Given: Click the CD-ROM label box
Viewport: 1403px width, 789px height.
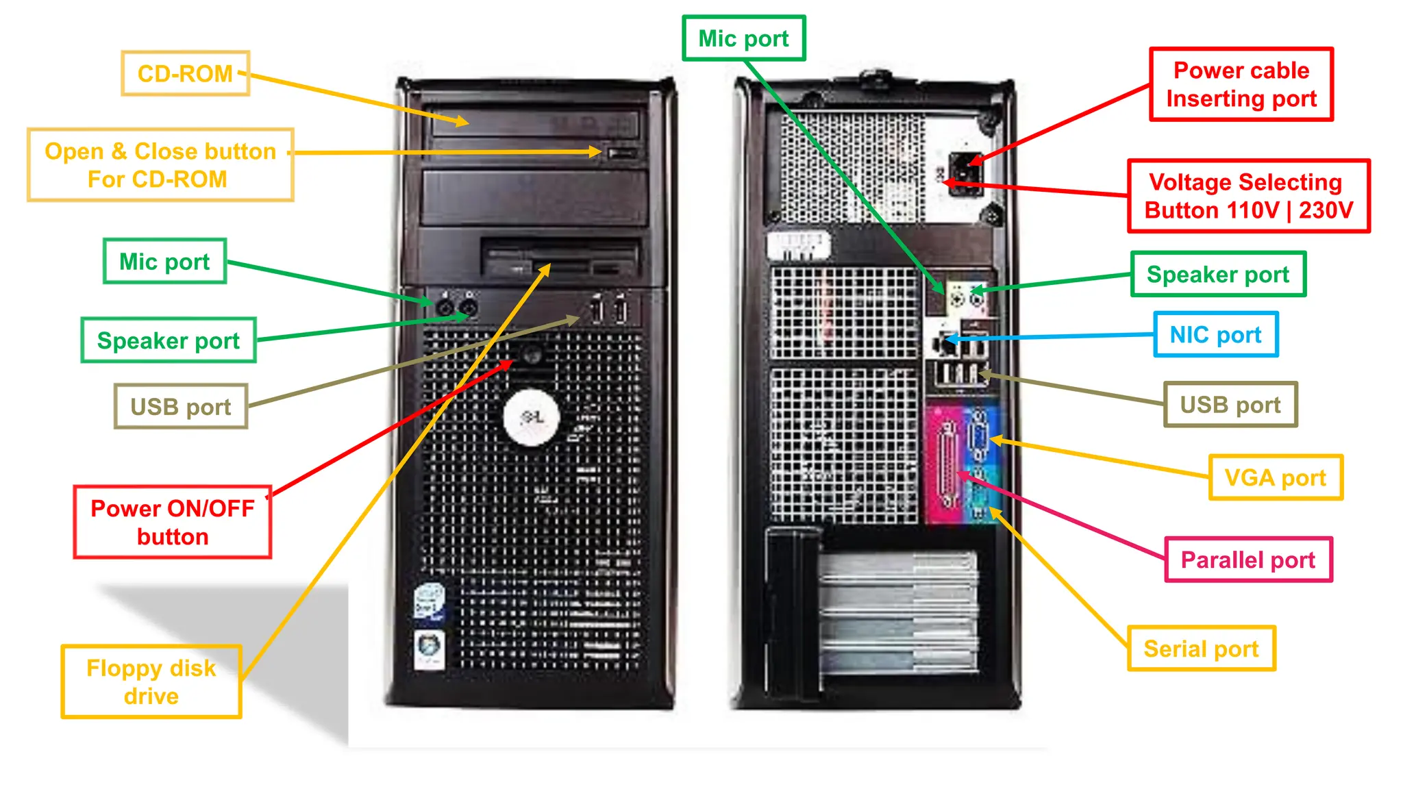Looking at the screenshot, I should pyautogui.click(x=185, y=73).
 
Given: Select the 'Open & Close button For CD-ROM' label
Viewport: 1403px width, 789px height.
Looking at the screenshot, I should pyautogui.click(x=160, y=165).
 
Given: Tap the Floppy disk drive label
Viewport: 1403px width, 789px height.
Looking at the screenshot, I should pyautogui.click(x=151, y=681).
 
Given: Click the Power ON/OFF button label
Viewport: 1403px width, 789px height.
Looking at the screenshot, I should pyautogui.click(x=173, y=522).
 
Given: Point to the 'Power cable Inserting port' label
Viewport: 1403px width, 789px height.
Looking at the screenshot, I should pyautogui.click(x=1241, y=84).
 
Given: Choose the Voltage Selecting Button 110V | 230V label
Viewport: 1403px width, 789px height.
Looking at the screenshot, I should pyautogui.click(x=1248, y=196).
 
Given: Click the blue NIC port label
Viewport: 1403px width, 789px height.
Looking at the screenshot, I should pyautogui.click(x=1215, y=334).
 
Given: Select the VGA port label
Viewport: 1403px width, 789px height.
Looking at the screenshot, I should pyautogui.click(x=1275, y=477).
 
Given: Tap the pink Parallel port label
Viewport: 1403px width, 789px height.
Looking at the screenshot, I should pyautogui.click(x=1248, y=560).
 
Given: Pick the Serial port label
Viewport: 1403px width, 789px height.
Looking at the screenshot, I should pyautogui.click(x=1201, y=648).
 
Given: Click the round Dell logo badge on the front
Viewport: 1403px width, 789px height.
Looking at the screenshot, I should pyautogui.click(x=531, y=417).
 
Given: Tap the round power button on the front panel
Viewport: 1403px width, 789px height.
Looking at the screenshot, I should pyautogui.click(x=532, y=355).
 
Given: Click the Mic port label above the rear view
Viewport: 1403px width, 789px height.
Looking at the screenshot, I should pyautogui.click(x=743, y=38).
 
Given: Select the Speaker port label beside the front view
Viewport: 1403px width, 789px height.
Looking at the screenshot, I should pyautogui.click(x=169, y=340).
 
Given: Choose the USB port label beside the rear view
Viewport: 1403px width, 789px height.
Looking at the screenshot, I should pyautogui.click(x=1230, y=405).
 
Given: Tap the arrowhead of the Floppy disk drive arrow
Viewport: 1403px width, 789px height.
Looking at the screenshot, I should pyautogui.click(x=548, y=266).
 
